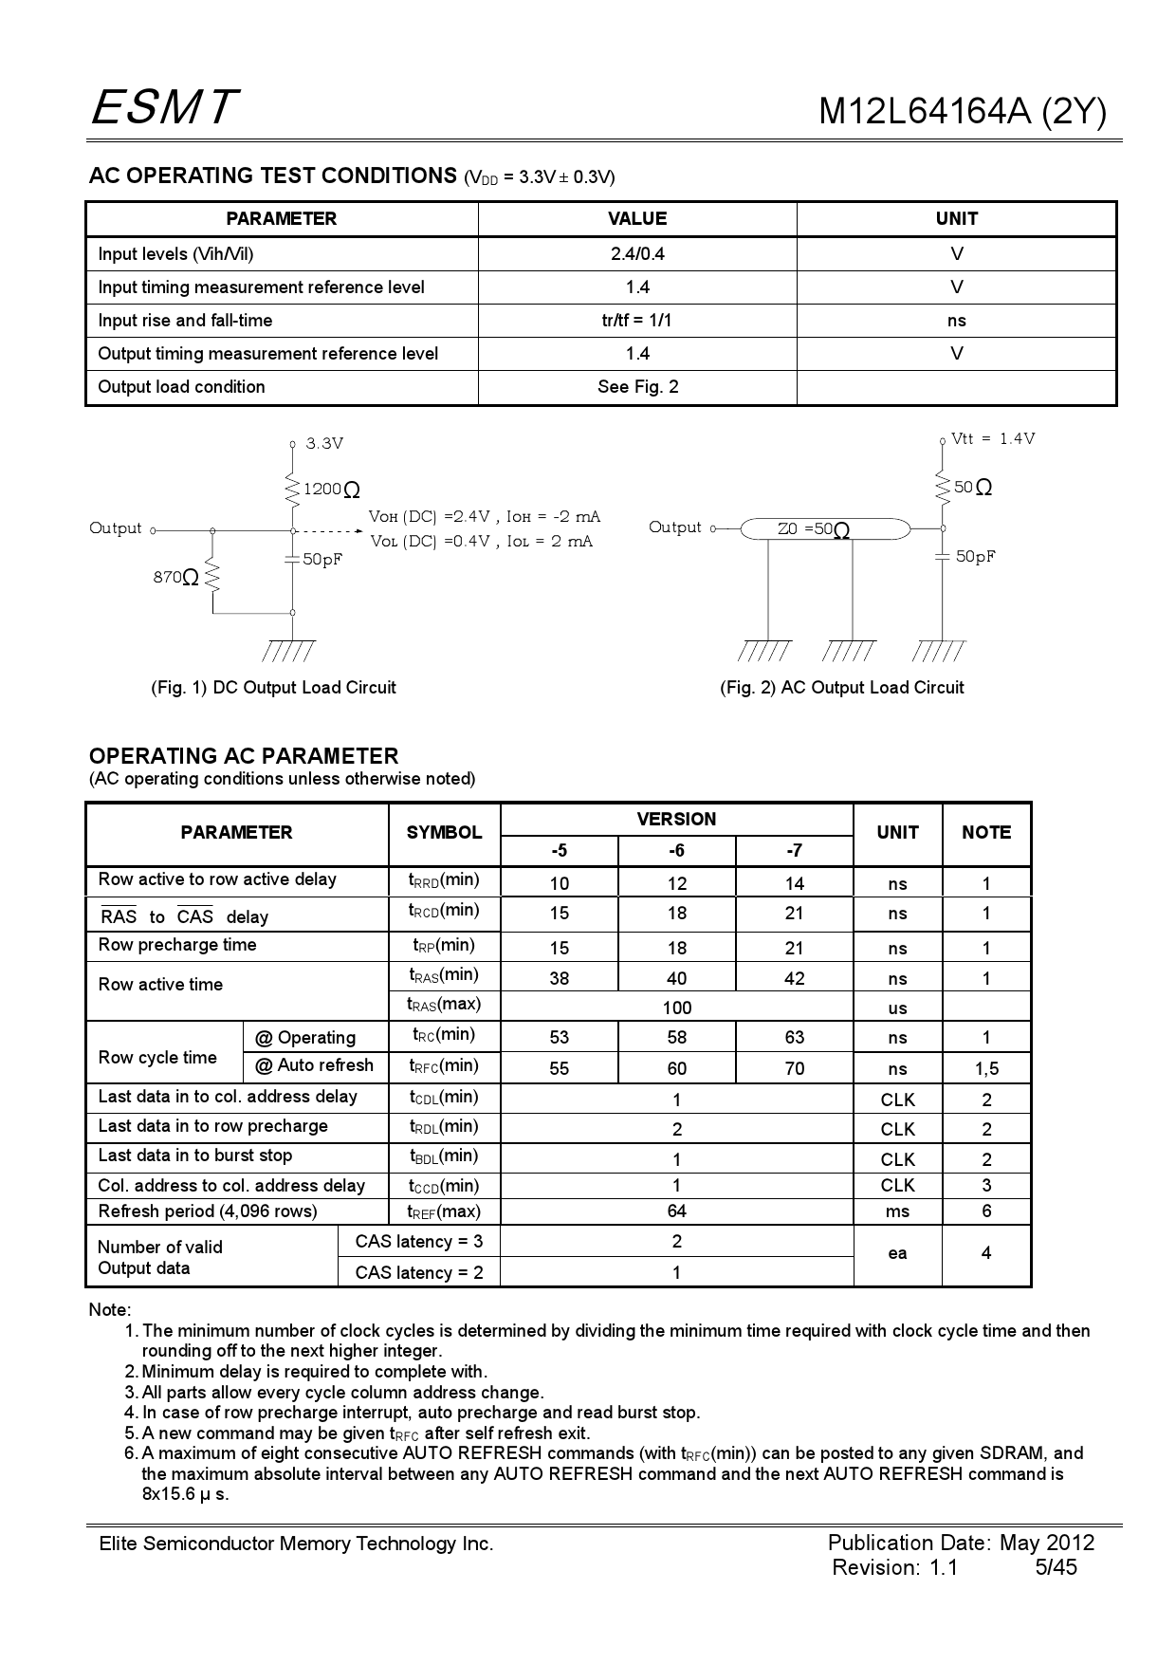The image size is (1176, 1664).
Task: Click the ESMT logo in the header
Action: [163, 107]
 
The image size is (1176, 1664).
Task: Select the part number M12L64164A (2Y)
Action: [962, 112]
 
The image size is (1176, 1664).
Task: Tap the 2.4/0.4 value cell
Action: [637, 254]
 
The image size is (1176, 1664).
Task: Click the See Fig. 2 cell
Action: [637, 387]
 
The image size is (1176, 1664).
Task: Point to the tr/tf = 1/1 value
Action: [637, 321]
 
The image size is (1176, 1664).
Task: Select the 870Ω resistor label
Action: [176, 577]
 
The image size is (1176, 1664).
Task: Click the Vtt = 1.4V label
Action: [993, 438]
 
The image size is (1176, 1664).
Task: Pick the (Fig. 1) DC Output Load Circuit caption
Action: [273, 688]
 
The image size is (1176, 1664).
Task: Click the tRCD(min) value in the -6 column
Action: [676, 914]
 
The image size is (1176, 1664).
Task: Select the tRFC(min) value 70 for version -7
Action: [794, 1069]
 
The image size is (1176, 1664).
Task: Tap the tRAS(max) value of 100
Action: [676, 1008]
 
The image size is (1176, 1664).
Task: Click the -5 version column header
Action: [559, 851]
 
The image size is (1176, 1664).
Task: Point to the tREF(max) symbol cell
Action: [444, 1211]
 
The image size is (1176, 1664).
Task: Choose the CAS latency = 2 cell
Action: [419, 1273]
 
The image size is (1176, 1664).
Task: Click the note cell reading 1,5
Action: [986, 1069]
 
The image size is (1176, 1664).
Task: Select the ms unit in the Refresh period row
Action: [897, 1211]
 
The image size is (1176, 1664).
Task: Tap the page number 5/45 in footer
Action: [1056, 1567]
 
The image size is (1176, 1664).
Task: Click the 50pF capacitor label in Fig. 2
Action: [975, 557]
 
